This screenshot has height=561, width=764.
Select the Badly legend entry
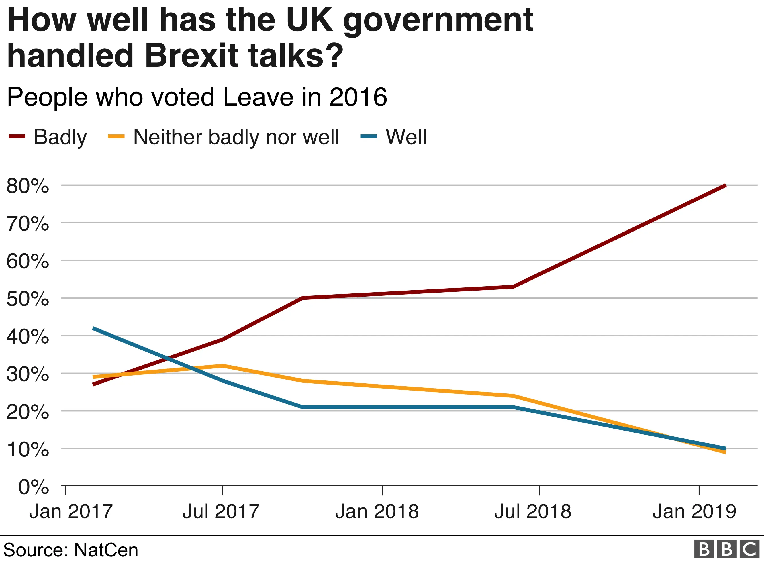[48, 137]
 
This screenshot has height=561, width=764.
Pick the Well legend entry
[394, 137]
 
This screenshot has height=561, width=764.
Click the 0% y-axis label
[33, 487]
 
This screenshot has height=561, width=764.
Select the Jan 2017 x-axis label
[70, 511]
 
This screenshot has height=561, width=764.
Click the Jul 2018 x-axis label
[533, 511]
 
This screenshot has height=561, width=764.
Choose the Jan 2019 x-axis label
[694, 511]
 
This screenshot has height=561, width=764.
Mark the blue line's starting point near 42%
[93, 328]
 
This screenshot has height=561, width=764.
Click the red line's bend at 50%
[302, 298]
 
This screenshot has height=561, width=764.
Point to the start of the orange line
[93, 377]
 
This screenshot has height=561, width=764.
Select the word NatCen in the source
[106, 550]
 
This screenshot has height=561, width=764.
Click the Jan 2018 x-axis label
[377, 511]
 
